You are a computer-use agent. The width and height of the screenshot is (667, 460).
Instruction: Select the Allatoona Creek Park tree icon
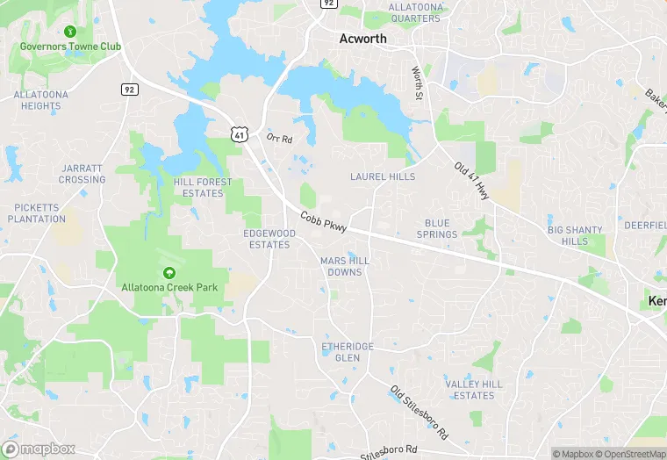pyautogui.click(x=169, y=273)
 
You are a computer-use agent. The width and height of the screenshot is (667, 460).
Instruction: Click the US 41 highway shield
pyautogui.click(x=239, y=133)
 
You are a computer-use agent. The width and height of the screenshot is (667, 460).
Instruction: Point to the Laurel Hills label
pyautogui.click(x=383, y=176)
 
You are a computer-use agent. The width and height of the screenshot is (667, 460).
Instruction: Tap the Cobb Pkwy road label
pyautogui.click(x=324, y=222)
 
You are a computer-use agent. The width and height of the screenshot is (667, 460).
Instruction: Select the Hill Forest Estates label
pyautogui.click(x=204, y=188)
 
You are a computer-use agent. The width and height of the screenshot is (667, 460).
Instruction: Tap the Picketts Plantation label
pyautogui.click(x=40, y=213)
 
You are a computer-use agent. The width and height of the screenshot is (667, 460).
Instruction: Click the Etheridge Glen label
pyautogui.click(x=348, y=352)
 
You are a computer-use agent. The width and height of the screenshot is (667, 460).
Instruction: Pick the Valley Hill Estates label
pyautogui.click(x=474, y=390)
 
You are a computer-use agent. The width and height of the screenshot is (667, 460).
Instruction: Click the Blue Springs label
pyautogui.click(x=437, y=229)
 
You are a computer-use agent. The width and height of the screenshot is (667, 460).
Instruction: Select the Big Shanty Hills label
pyautogui.click(x=575, y=235)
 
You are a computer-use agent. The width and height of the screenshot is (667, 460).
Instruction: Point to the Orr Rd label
pyautogui.click(x=279, y=138)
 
